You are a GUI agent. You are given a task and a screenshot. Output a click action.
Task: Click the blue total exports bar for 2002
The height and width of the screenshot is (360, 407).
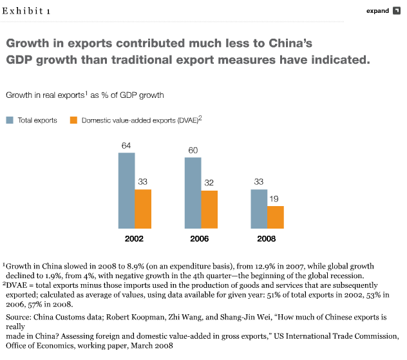coord(126,191)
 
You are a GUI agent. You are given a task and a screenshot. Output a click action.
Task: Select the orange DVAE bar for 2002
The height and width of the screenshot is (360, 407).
coord(143,209)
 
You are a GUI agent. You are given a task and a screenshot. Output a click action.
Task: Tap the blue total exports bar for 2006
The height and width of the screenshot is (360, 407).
coord(193,193)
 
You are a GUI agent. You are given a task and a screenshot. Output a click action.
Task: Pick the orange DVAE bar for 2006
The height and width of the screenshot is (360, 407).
coord(209,209)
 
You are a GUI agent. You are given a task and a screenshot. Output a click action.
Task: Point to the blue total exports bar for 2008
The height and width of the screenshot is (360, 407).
coord(259,209)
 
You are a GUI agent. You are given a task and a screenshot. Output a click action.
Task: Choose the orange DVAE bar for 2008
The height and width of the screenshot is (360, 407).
coord(276,217)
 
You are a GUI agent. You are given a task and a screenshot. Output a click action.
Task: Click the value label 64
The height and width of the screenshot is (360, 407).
coord(126,146)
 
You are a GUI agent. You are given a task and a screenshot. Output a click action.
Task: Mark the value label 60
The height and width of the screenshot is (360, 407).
coord(193,150)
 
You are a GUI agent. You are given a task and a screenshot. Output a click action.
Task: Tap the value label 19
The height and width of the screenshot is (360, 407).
coord(276,199)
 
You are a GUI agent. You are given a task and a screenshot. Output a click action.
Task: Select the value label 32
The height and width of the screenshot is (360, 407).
coord(209,183)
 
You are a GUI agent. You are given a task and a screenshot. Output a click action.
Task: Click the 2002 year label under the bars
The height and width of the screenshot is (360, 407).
coord(134,239)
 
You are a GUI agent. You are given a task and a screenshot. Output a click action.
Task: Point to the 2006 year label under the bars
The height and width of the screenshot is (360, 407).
coord(200,239)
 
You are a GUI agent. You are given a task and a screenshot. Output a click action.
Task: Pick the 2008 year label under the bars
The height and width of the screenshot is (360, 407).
coord(267,239)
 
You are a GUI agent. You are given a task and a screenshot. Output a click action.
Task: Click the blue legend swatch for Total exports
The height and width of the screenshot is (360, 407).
coord(10,120)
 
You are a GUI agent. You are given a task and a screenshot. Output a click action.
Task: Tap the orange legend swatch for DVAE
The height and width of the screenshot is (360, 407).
coord(73,120)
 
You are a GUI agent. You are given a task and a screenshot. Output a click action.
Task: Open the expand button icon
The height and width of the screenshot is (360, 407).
coord(397,11)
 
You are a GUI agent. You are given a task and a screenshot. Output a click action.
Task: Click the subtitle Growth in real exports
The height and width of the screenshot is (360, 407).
coord(45,95)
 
